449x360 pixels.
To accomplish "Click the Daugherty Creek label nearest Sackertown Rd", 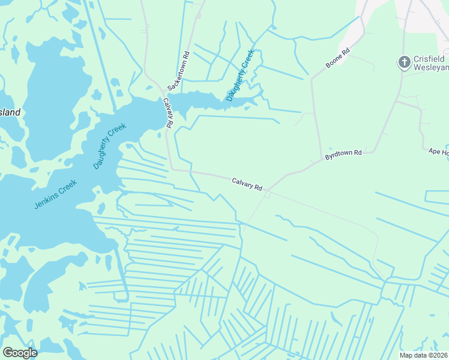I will pyautogui.click(x=241, y=75).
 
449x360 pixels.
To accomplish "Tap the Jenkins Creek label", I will pyautogui.click(x=55, y=194).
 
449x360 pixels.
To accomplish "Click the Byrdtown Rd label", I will pyautogui.click(x=343, y=154).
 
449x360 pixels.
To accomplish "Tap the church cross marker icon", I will pyautogui.click(x=405, y=61).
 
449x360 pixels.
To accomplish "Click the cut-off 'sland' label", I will pyautogui.click(x=10, y=112).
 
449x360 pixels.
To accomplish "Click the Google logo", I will pyautogui.click(x=20, y=353).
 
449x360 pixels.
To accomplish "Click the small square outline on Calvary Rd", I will pyautogui.click(x=268, y=194).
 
